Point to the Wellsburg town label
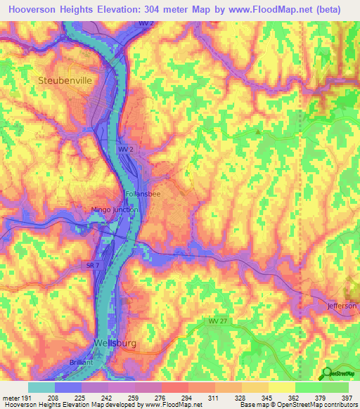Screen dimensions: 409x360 (114, 343)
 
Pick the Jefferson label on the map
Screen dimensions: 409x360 (342, 306)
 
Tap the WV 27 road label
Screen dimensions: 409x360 (218, 321)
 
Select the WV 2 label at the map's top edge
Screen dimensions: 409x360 (143, 24)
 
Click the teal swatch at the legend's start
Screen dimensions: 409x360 (41, 387)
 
